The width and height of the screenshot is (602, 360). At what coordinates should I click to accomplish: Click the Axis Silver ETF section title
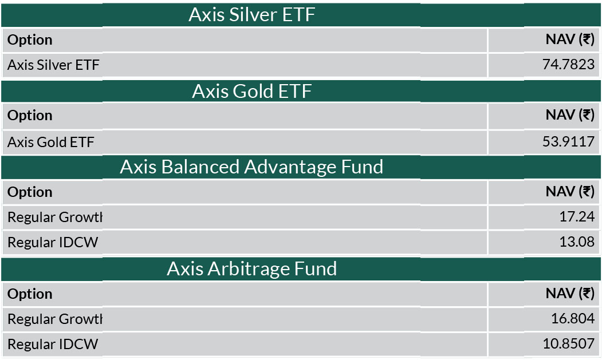point(252,14)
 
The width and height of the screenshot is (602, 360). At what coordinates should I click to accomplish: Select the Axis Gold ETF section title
point(252,91)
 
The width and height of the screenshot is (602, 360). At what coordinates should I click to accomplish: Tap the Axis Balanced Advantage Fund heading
point(251,167)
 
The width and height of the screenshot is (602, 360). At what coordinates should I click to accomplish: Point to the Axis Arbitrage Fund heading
point(252,268)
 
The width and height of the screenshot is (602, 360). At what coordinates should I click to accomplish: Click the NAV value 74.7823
point(568,64)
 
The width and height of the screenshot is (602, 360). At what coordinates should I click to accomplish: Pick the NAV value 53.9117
point(568,141)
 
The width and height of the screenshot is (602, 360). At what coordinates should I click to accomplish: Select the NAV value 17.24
point(577,216)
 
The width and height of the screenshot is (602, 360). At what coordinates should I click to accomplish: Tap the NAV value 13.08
point(577,242)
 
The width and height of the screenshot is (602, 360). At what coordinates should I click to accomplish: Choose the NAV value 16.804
point(572,318)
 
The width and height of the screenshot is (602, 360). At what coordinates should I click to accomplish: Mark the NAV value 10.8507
point(568,343)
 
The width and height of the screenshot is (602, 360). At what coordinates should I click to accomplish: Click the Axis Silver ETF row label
point(53,65)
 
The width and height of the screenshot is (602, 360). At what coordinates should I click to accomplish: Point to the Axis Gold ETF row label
point(50,142)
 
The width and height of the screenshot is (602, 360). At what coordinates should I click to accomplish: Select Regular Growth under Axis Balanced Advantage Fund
point(55,217)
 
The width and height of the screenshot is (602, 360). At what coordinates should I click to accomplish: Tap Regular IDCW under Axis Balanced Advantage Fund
point(53,242)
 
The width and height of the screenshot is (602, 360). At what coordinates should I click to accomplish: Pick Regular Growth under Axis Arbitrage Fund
point(55,319)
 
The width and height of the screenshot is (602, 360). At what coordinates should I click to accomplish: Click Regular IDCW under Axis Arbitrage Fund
point(53,344)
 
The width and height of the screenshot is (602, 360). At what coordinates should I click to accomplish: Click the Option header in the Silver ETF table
point(30,40)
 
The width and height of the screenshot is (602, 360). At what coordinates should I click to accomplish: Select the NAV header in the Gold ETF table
point(570,115)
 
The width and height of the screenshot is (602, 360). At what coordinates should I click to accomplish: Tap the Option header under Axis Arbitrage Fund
point(30,294)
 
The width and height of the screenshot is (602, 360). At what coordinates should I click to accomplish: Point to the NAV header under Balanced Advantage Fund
point(570,191)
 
